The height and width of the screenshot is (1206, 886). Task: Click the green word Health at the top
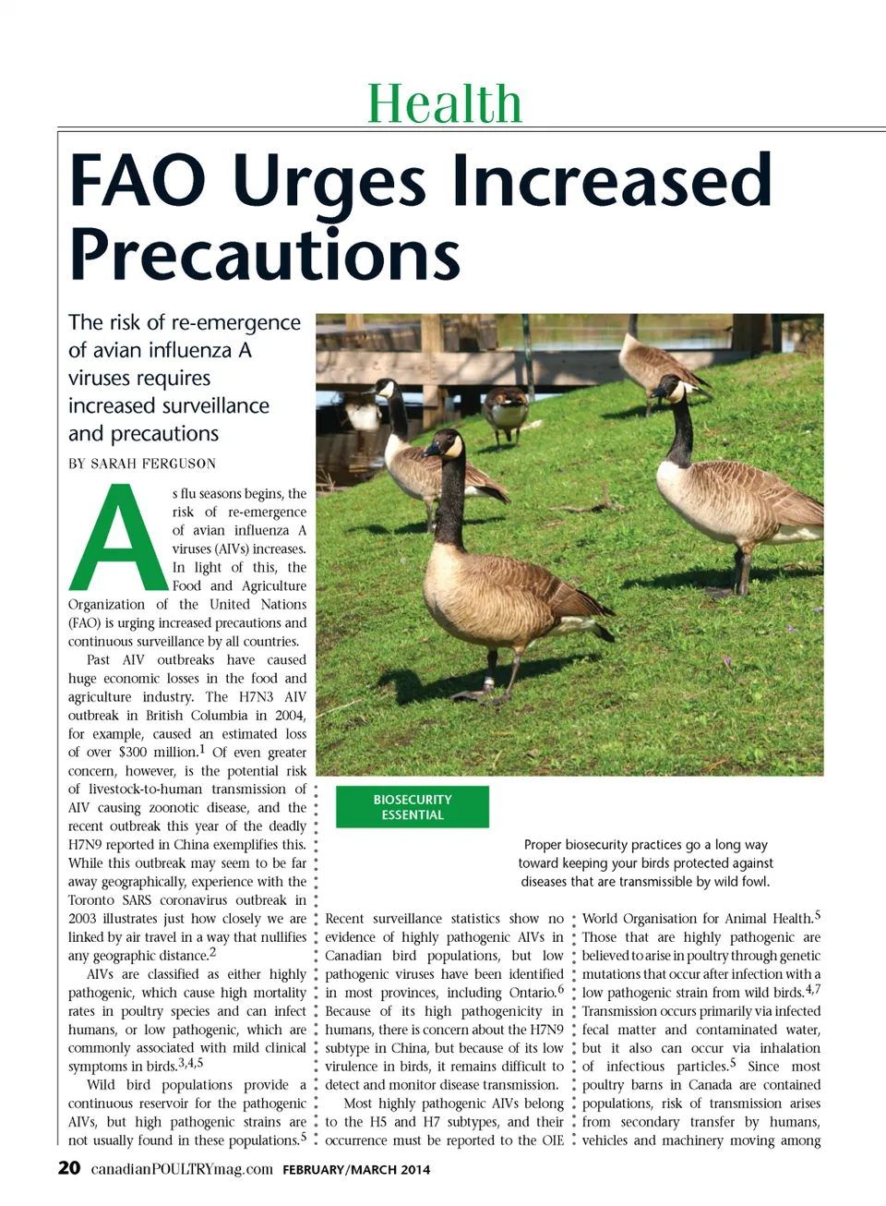[444, 103]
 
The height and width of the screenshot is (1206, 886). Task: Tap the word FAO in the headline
[137, 181]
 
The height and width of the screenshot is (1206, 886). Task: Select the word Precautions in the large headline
[265, 254]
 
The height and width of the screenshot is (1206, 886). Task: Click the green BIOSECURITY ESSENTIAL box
[412, 807]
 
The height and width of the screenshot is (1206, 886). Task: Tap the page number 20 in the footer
[69, 1168]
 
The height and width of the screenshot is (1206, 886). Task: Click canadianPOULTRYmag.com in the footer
[182, 1169]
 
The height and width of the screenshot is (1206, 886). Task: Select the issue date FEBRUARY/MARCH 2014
[356, 1170]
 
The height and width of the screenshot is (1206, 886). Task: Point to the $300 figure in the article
[132, 753]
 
